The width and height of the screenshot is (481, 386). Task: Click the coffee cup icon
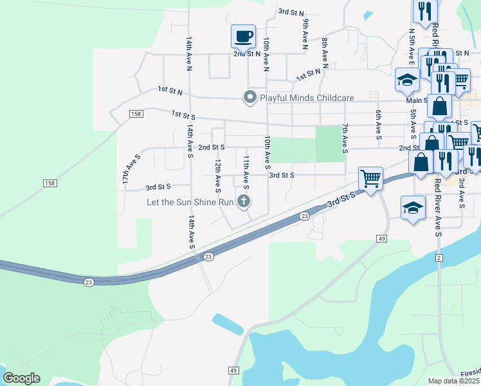[x=243, y=37]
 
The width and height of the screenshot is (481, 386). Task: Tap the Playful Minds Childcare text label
[x=307, y=98]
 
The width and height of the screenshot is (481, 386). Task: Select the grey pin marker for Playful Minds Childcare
[x=250, y=98]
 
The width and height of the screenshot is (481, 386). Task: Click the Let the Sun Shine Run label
[x=188, y=202]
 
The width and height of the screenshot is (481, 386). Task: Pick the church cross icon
[x=243, y=202]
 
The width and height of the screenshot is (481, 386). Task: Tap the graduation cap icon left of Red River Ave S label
[x=413, y=207]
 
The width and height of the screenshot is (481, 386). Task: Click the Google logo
[x=21, y=378]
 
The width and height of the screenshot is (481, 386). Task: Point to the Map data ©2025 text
[x=454, y=381]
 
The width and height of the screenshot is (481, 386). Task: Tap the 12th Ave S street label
[x=218, y=176]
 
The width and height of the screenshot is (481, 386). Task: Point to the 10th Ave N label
[x=265, y=53]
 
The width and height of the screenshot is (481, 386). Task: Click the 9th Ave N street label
[x=305, y=33]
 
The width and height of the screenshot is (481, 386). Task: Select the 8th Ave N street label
[x=325, y=53]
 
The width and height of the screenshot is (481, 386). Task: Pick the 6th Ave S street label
[x=378, y=124]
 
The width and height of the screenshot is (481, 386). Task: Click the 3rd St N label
[x=291, y=12]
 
